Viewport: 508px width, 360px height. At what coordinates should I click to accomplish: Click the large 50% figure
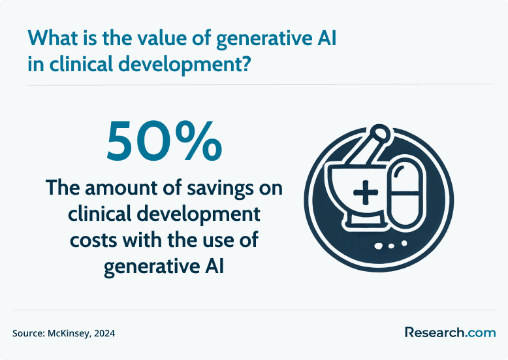coord(165,141)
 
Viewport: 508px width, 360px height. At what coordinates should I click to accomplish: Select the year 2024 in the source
coord(104,333)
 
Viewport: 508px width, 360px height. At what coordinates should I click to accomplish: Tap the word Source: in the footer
coord(29,333)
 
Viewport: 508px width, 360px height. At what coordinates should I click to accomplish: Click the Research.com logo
coord(451,333)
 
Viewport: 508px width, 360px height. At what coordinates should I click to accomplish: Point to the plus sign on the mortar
coord(366,193)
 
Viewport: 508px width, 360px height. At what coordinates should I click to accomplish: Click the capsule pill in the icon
coord(405,192)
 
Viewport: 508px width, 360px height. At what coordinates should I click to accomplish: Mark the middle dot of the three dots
coord(391,246)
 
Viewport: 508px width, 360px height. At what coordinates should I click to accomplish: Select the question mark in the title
coord(246,63)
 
